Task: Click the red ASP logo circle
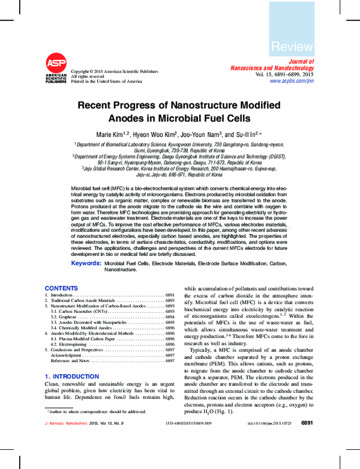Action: coord(56,64)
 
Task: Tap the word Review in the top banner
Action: coord(292,47)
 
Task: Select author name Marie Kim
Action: coord(112,135)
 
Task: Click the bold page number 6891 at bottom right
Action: coord(307,440)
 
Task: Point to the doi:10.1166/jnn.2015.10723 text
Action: coord(269,440)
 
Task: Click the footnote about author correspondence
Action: coord(96,411)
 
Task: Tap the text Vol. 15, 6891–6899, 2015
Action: coord(284,74)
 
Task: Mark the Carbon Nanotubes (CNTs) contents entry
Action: coord(79,311)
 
